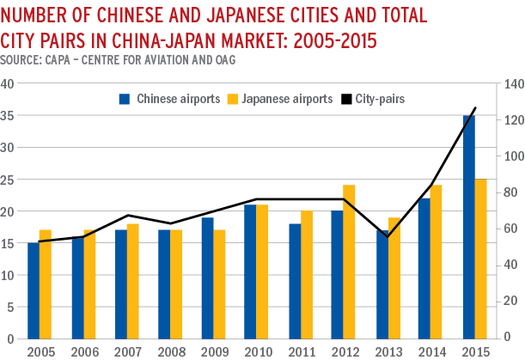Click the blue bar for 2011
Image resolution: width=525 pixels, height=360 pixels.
(x=296, y=280)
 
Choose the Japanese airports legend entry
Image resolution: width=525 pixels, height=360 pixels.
(x=279, y=99)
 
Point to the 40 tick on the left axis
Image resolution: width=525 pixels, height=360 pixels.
(x=9, y=83)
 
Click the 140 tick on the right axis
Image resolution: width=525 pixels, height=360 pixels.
(x=512, y=83)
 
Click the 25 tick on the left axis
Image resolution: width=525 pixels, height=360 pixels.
(x=9, y=179)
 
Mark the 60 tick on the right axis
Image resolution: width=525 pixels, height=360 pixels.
(x=510, y=229)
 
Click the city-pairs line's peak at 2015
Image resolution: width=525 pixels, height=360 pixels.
(x=475, y=108)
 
